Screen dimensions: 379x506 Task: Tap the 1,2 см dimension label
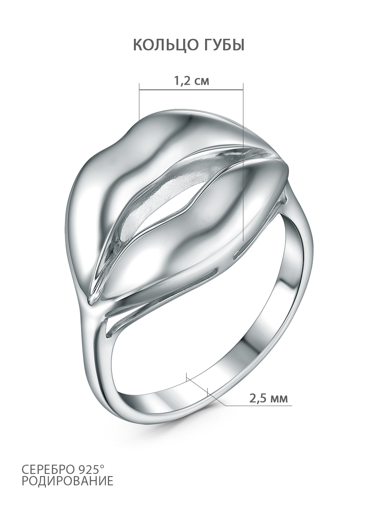(192, 81)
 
